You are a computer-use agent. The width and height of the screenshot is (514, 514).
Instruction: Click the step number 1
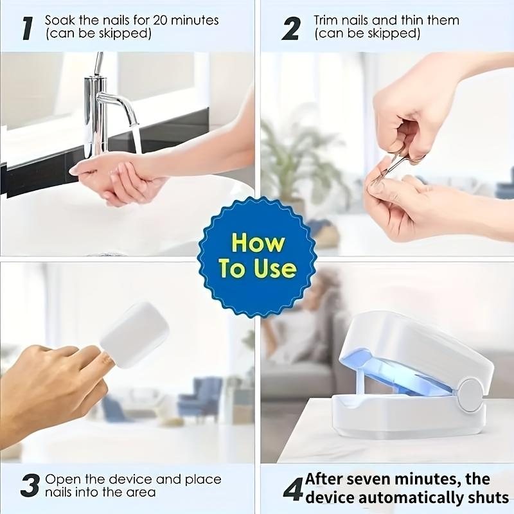pyautogui.click(x=28, y=28)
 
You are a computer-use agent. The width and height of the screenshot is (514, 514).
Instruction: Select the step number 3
pyautogui.click(x=30, y=486)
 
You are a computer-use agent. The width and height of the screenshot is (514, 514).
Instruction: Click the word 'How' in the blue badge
pyautogui.click(x=258, y=244)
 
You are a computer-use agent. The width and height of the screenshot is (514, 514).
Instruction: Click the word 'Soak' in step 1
pyautogui.click(x=59, y=20)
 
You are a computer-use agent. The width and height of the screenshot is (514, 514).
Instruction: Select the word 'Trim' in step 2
pyautogui.click(x=326, y=20)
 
